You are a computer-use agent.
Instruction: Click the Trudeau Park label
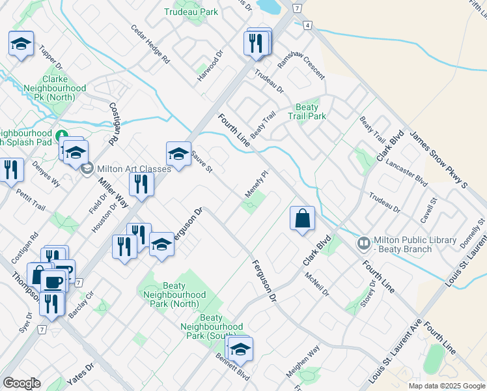191,12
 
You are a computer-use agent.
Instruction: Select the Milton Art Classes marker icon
87,168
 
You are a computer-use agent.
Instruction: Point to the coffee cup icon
53,282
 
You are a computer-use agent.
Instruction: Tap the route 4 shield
307,25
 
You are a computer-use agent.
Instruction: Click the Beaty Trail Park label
307,111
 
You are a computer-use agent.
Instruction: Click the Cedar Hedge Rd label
150,44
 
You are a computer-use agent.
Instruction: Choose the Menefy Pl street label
257,184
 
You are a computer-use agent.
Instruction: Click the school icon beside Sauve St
178,154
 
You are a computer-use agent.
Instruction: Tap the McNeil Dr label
318,284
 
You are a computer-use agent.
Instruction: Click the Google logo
21,383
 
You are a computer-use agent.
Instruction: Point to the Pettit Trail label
31,201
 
